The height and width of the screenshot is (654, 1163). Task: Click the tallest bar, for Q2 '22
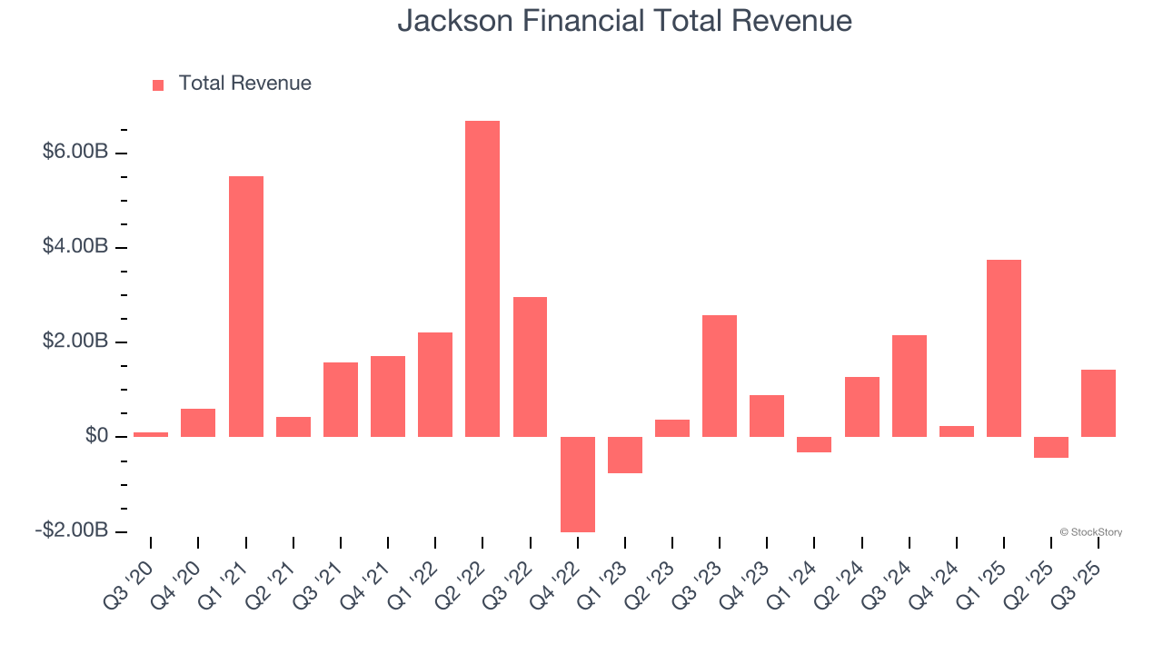pos(482,279)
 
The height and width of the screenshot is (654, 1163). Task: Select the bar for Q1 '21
pos(245,306)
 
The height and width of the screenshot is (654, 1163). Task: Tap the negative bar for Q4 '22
pos(578,484)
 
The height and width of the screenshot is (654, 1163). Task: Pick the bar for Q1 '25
pos(1004,348)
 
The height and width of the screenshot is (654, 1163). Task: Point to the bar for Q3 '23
pos(720,376)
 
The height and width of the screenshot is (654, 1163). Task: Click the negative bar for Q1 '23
pos(625,455)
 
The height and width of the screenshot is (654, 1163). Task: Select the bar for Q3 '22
pos(530,367)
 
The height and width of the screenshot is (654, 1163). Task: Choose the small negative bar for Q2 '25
pos(1051,447)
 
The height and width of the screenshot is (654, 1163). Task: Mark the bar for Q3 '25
pos(1098,403)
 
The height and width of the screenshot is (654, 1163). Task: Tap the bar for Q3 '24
pos(910,386)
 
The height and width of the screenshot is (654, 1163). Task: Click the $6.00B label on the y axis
pos(75,152)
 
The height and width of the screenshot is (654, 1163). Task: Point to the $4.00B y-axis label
pos(75,247)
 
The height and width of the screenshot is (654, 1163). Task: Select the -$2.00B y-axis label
pos(72,530)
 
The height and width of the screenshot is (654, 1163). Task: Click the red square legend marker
pos(158,84)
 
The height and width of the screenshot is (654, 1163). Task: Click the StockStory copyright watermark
pos(1090,532)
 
